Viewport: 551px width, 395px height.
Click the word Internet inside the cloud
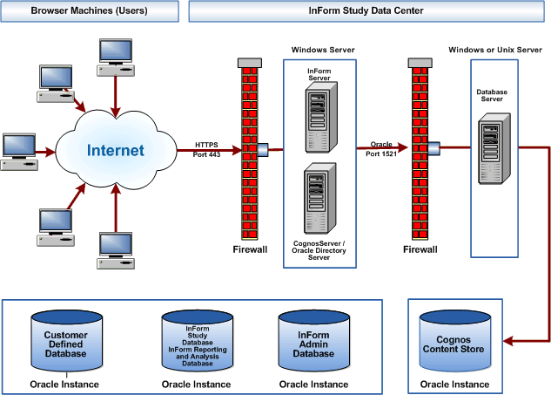pyautogui.click(x=115, y=151)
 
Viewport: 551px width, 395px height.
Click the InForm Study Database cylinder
pyautogui.click(x=198, y=341)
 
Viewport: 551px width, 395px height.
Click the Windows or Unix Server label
pyautogui.click(x=494, y=50)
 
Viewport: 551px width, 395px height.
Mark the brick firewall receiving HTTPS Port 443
pyautogui.click(x=249, y=148)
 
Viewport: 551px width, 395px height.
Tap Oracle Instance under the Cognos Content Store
pyautogui.click(x=454, y=385)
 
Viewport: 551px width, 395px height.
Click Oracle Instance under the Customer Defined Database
pyautogui.click(x=65, y=384)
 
